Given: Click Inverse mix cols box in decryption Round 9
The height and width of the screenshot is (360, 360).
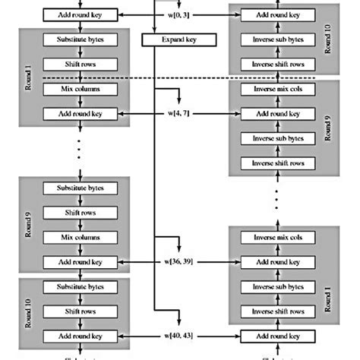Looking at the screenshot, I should [x=277, y=89].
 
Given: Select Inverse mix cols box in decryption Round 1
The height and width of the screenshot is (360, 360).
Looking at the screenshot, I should [x=277, y=237].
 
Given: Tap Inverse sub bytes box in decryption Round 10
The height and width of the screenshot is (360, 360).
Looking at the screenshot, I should [x=277, y=39].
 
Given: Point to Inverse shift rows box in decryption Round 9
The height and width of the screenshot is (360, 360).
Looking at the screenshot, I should [x=277, y=163].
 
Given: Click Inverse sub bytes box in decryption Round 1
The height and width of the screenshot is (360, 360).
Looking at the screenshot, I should [x=277, y=286].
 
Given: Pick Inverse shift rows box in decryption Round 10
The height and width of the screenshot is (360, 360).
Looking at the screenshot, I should [x=277, y=64].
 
